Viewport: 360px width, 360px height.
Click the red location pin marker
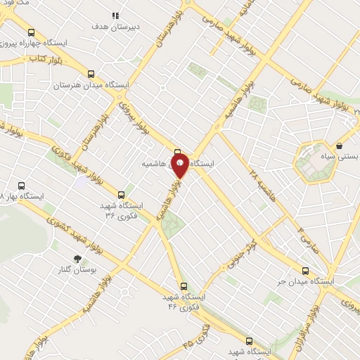click(180, 166)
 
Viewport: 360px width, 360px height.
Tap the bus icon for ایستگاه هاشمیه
click(178, 151)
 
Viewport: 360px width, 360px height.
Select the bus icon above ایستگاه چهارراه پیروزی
click(30, 32)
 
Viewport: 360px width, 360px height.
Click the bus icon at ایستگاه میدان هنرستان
click(91, 74)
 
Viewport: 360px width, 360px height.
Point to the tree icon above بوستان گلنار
click(77, 259)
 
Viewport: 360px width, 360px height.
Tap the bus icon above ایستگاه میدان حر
click(305, 270)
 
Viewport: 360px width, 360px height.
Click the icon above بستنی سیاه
click(340, 146)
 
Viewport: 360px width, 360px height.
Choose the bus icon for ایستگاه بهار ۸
click(21, 186)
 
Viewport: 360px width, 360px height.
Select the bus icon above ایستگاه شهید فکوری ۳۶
click(122, 195)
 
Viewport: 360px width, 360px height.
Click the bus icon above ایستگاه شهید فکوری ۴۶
click(184, 286)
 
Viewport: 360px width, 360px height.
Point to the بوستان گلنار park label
click(77, 270)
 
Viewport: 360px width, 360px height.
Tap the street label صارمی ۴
click(307, 239)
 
